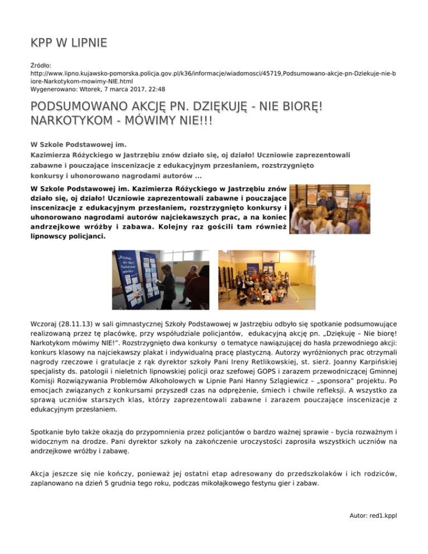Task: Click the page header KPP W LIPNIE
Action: pos(69,43)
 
